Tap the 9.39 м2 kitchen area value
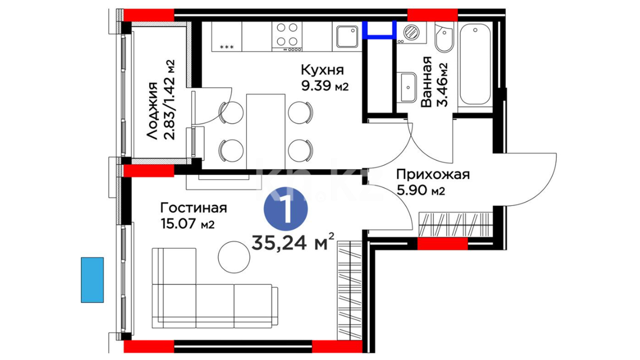click(x=325, y=86)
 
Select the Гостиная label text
click(x=194, y=208)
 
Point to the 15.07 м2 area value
click(x=188, y=223)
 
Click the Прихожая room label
click(x=433, y=175)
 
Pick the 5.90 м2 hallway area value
click(x=421, y=190)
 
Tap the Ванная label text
click(x=426, y=82)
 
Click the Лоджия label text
click(x=152, y=111)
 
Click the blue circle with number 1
click(x=286, y=209)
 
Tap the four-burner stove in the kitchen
click(x=287, y=36)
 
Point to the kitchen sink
click(x=347, y=36)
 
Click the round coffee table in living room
click(x=234, y=257)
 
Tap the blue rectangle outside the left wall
click(x=92, y=280)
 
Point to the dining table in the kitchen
click(x=266, y=131)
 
